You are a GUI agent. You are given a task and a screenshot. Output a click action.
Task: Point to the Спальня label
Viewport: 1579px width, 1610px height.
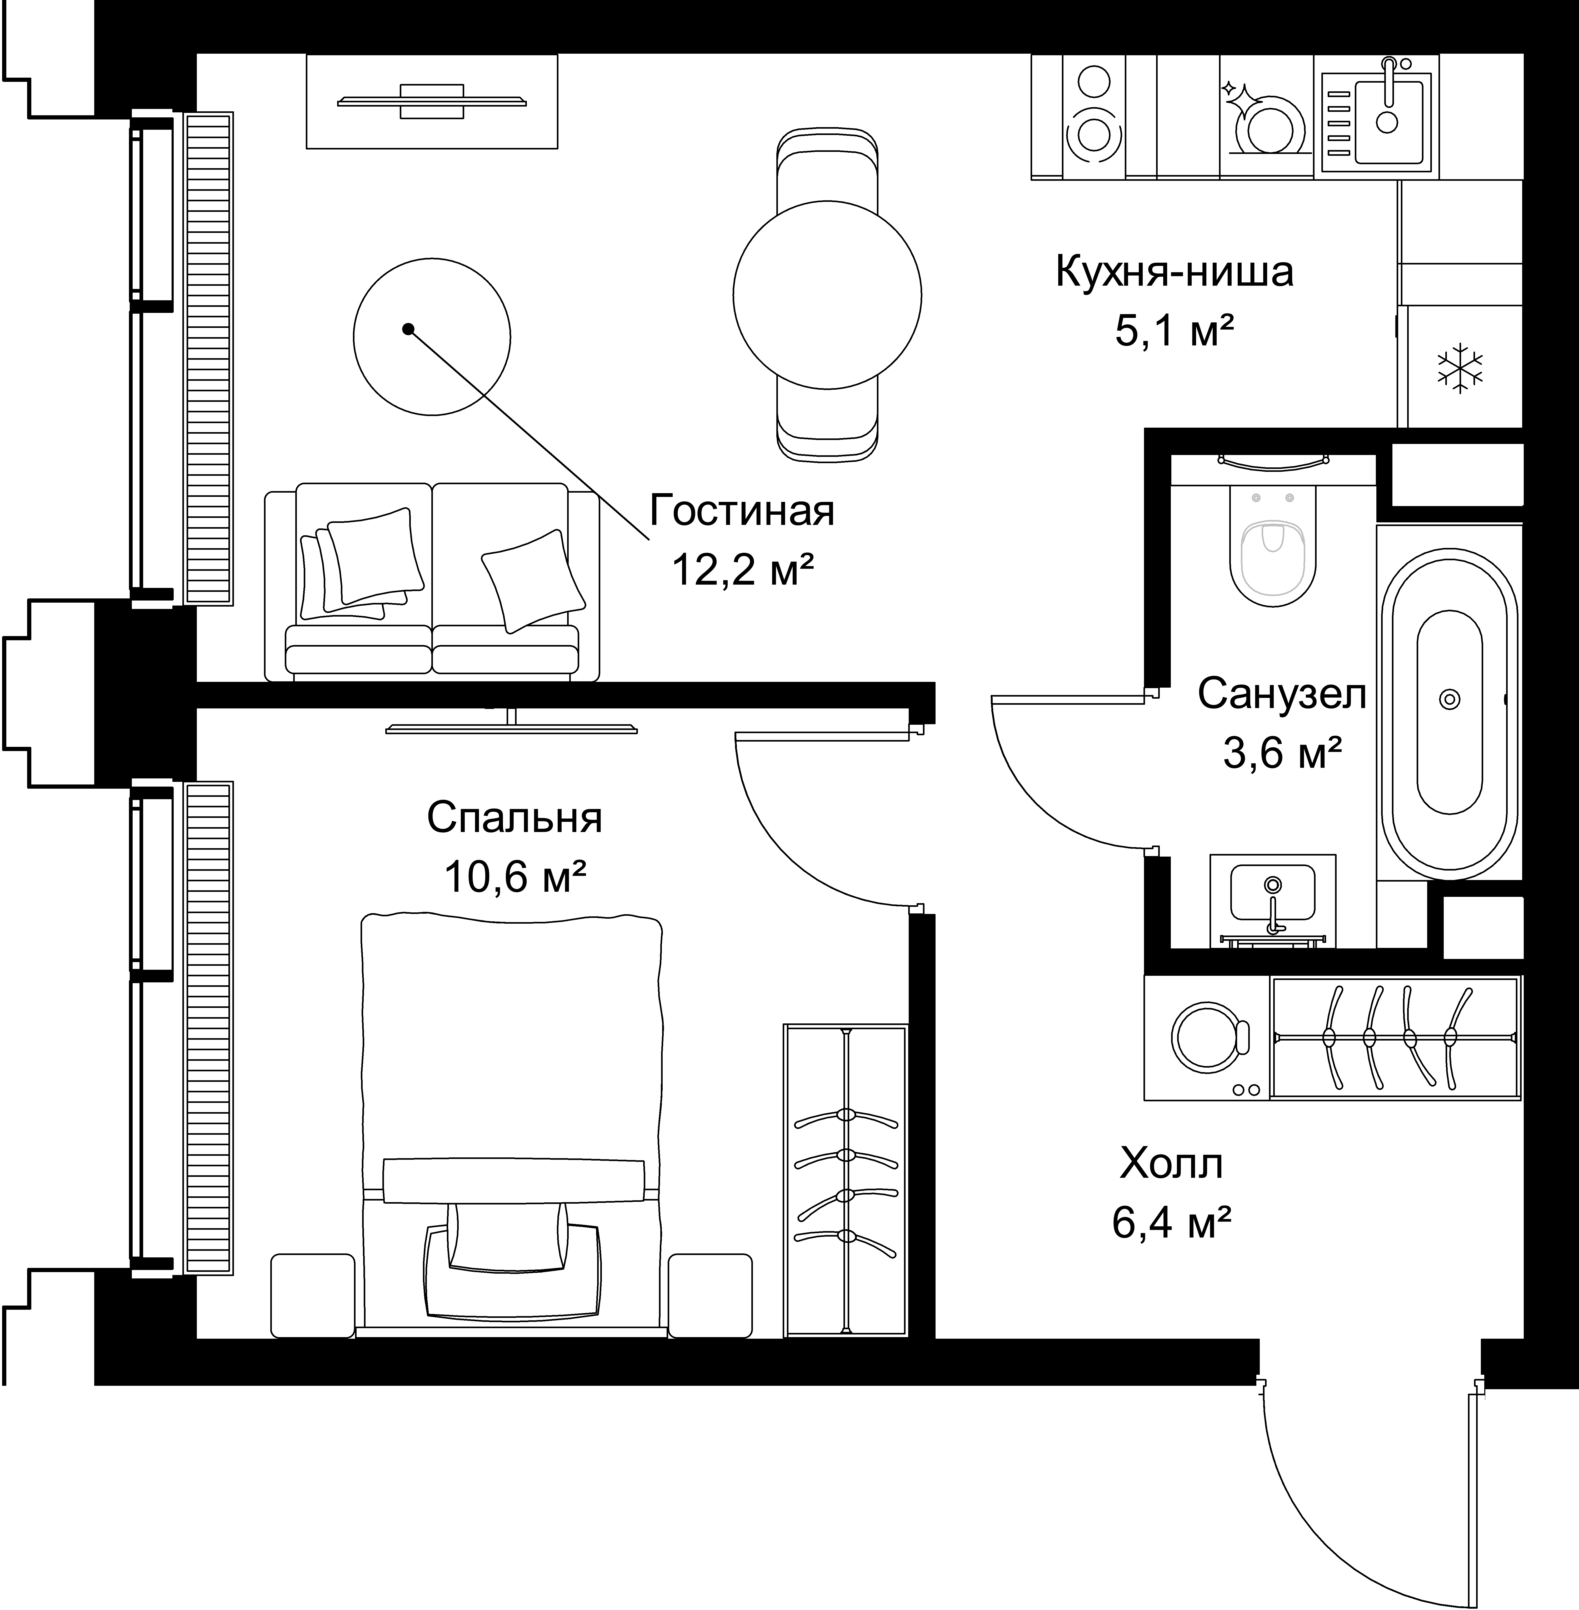tap(514, 818)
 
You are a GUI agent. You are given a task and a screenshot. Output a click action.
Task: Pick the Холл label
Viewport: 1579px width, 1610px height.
tap(1171, 1164)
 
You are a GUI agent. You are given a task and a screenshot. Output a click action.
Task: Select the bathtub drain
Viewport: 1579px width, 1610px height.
tap(1450, 700)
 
